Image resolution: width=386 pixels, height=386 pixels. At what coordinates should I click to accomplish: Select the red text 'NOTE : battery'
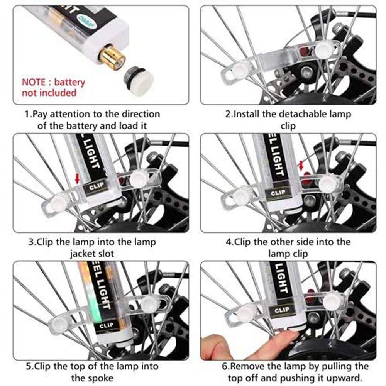pyautogui.click(x=53, y=82)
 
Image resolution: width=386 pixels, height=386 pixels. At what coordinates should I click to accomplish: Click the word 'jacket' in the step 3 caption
pyautogui.click(x=83, y=254)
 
